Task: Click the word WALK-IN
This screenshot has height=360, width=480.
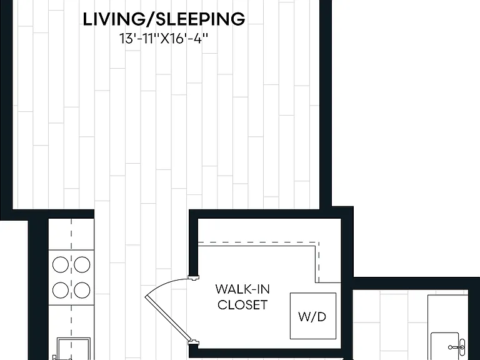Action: tap(242, 289)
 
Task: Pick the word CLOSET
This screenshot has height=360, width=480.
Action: tap(242, 305)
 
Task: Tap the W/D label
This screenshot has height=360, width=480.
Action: tap(312, 317)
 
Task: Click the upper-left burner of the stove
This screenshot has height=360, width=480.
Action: tap(60, 264)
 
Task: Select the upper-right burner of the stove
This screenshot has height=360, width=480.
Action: tap(82, 264)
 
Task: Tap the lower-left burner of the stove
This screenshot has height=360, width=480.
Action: tap(60, 290)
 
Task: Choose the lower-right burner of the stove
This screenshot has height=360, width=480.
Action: tap(82, 290)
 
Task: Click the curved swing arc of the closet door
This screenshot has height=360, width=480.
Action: tap(162, 284)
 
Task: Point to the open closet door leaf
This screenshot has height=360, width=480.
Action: tap(167, 318)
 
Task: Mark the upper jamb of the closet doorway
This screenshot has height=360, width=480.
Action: tap(194, 277)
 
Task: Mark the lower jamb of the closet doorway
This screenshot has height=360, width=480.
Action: tap(194, 342)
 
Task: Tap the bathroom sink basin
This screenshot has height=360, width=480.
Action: tap(445, 346)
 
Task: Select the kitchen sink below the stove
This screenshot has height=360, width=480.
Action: tap(74, 348)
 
